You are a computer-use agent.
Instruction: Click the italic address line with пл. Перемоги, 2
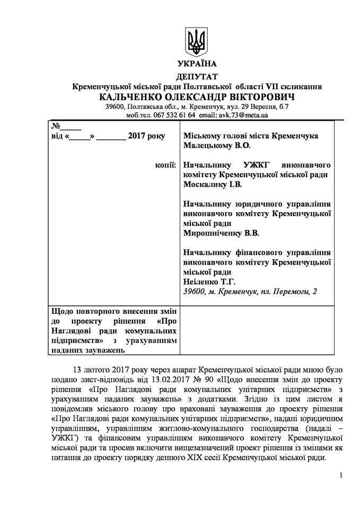[248, 292]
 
